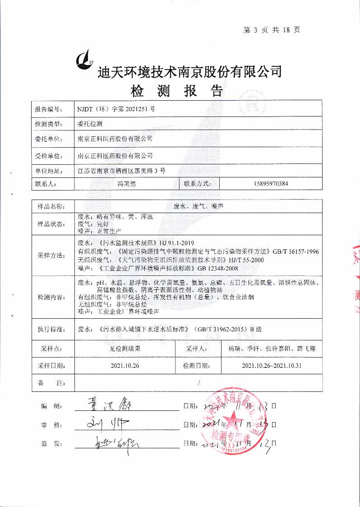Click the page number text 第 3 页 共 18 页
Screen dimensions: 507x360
pyautogui.click(x=272, y=30)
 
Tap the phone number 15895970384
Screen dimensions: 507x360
pyautogui.click(x=268, y=184)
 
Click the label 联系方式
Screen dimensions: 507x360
pyautogui.click(x=198, y=184)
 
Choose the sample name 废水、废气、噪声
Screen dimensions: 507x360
pyautogui.click(x=199, y=206)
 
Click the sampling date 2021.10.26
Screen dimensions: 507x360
pyautogui.click(x=124, y=365)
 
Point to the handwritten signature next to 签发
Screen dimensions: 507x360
pyautogui.click(x=104, y=442)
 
